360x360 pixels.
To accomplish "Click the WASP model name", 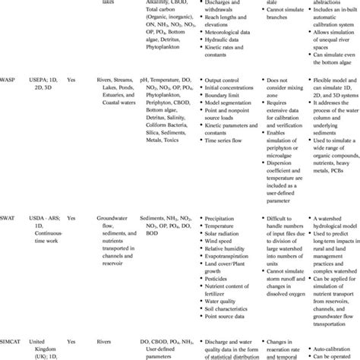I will [x=11, y=98].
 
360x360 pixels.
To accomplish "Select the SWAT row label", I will [x=11, y=216].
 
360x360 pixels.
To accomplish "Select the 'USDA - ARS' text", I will [x=49, y=216].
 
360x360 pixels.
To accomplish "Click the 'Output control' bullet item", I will [x=226, y=99].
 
